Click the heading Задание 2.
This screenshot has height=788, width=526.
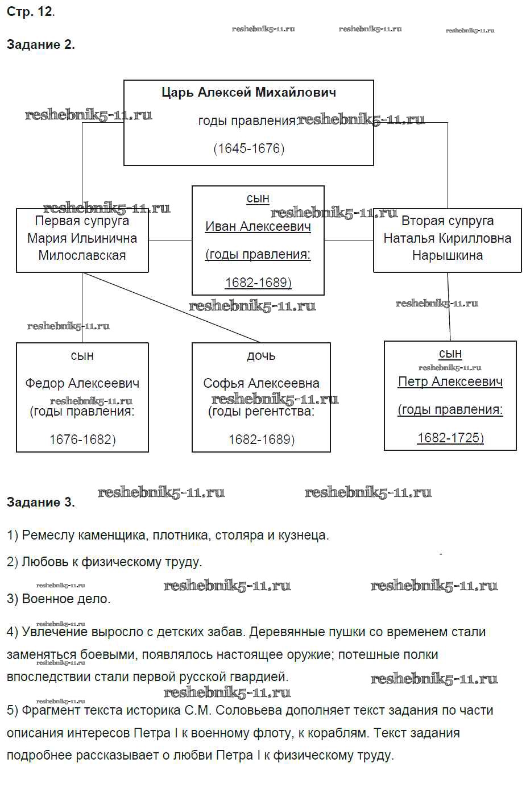pos(40,44)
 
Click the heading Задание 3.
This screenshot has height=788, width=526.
pos(40,502)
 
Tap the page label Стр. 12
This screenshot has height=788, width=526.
pos(31,11)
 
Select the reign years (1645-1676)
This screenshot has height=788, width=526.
pos(248,148)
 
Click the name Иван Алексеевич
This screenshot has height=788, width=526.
pos(258,226)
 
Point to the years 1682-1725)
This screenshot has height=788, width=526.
pos(450,437)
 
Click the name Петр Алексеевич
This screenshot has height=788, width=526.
pos(450,381)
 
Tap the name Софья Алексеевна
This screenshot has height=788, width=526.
pos(261,383)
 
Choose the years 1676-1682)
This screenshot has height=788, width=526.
pos(82,439)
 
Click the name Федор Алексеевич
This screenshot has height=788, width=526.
pos(82,383)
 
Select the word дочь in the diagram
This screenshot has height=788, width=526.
pos(261,356)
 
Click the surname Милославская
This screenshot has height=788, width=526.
pos(82,255)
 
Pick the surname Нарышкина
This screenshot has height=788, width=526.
pos(447,255)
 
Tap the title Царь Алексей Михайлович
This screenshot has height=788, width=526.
pos(248,92)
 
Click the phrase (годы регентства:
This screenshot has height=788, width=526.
pos(261,411)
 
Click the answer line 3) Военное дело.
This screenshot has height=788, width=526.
pos(59,599)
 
